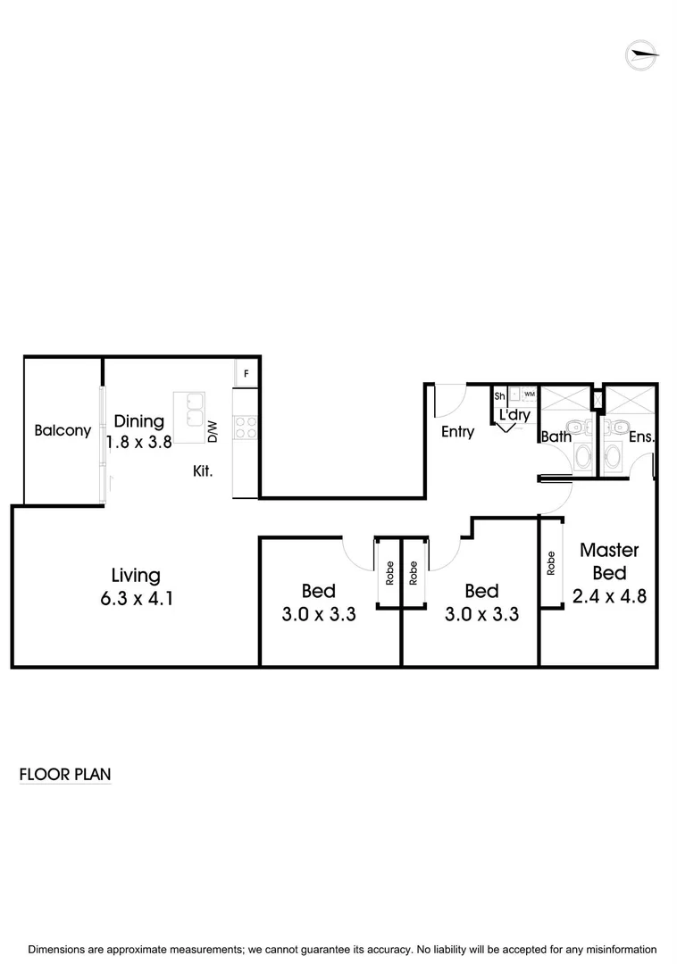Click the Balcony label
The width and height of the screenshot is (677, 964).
point(63,430)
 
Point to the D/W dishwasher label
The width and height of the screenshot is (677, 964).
point(213,432)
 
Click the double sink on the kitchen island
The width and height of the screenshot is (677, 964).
point(190,411)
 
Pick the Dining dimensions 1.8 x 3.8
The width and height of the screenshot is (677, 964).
point(138,441)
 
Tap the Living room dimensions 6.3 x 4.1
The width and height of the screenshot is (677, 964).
point(136,598)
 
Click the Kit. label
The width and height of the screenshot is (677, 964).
point(203,470)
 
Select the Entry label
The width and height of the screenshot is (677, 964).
point(457,431)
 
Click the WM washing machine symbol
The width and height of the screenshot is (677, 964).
point(529,394)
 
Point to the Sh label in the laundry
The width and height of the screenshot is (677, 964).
point(499,395)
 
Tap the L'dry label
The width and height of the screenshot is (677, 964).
point(514,415)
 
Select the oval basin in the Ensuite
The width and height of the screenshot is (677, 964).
point(614,457)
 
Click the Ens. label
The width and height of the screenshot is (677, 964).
point(641,436)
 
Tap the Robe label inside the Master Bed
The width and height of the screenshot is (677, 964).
point(551,563)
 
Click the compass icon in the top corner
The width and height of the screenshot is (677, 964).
point(643,55)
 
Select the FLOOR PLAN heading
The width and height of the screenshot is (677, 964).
point(65,774)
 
